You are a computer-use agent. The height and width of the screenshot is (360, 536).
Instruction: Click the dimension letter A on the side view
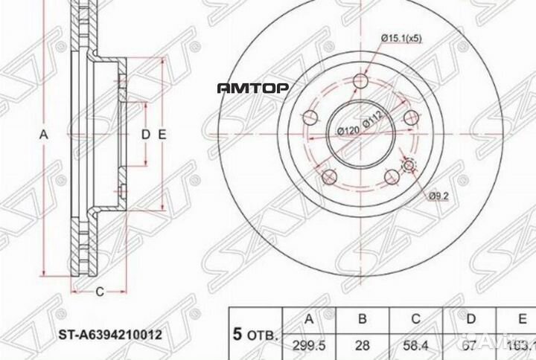click(x=43, y=135)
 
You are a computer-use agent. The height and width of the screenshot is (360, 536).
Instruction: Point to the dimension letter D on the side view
click(x=147, y=135)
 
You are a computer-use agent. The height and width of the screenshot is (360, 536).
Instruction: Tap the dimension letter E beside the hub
click(x=161, y=135)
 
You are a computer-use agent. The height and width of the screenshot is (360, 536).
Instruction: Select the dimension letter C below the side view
click(x=98, y=291)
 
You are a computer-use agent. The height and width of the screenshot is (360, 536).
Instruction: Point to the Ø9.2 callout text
click(x=438, y=196)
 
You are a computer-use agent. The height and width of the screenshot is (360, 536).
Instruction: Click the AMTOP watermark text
click(x=252, y=89)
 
